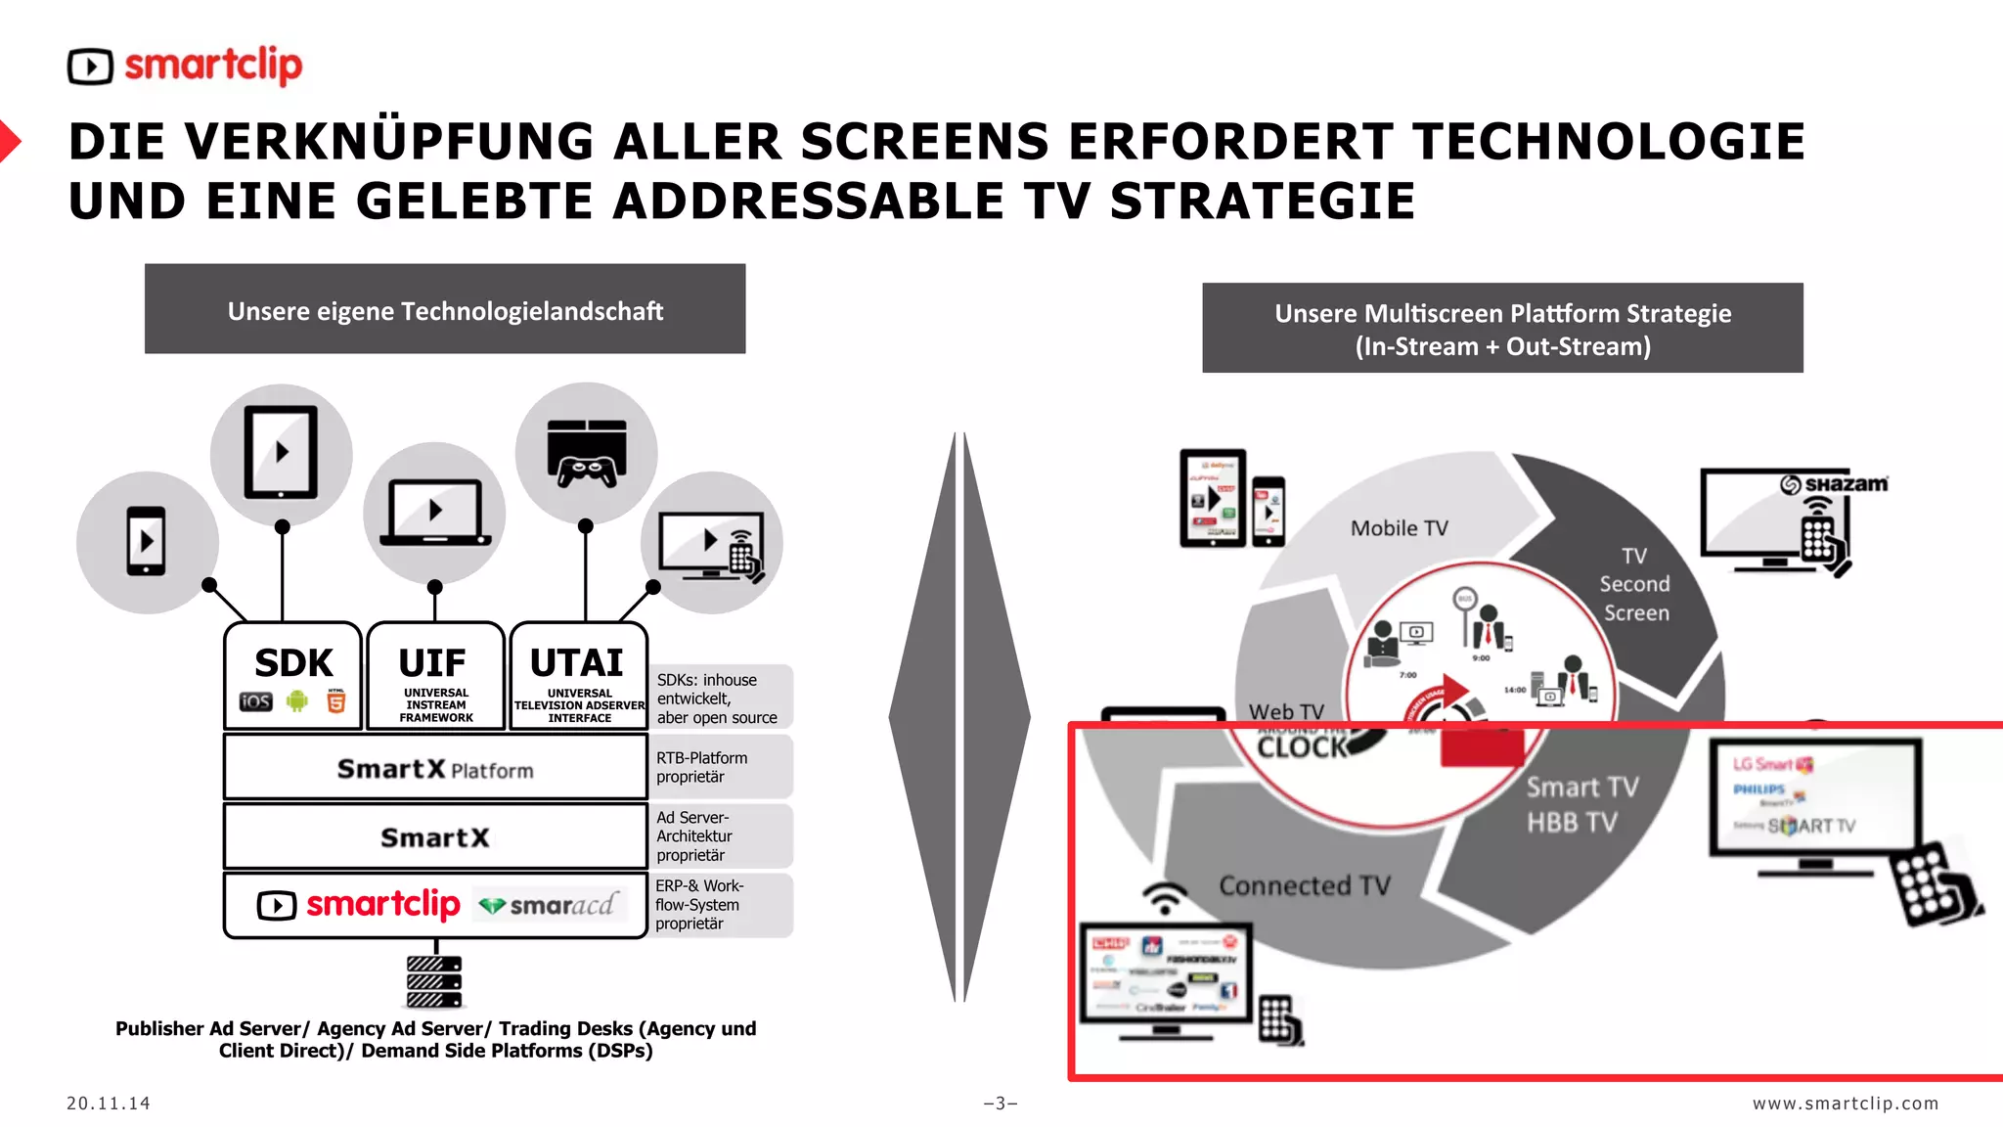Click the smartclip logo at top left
[x=186, y=66]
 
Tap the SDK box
[x=293, y=675]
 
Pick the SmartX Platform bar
[x=435, y=769]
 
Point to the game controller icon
[x=587, y=453]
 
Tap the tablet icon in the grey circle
[x=282, y=453]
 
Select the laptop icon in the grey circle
[x=435, y=513]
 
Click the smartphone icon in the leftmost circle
[x=147, y=541]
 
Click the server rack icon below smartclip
[x=434, y=981]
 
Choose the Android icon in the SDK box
[x=297, y=700]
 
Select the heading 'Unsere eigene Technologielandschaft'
[x=445, y=310]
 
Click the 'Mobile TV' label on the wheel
[x=1399, y=528]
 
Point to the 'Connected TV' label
[x=1304, y=885]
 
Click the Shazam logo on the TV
[x=1834, y=484]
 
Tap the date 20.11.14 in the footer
[x=109, y=1104]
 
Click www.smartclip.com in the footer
[x=1845, y=1104]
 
